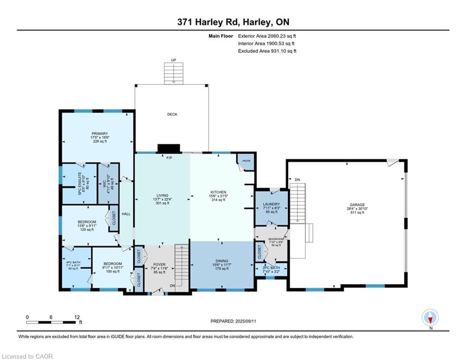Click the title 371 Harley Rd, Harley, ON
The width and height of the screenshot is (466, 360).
(x=233, y=22)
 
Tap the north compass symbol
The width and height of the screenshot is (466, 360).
(x=430, y=318)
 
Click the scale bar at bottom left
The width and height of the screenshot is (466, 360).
(x=52, y=322)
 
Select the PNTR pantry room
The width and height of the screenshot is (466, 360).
(x=246, y=161)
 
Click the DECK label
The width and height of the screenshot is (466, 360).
(x=172, y=114)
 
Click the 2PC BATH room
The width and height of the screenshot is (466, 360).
(x=271, y=269)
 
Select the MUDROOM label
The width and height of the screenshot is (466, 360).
(x=275, y=241)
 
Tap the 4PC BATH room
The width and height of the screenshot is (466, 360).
(x=74, y=267)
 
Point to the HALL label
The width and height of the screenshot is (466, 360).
(x=126, y=214)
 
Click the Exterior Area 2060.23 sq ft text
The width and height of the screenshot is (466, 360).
(x=267, y=36)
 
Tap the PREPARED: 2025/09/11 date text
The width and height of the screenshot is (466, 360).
(x=233, y=321)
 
